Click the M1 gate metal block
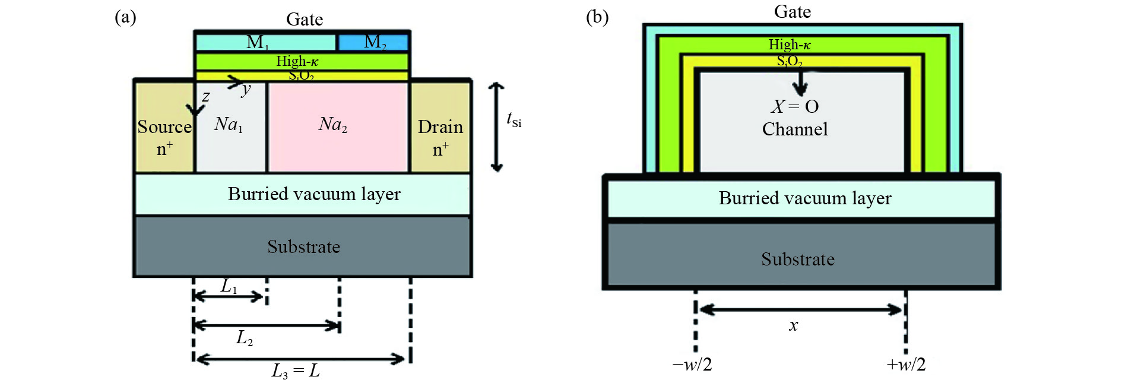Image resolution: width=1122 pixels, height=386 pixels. [x=266, y=42]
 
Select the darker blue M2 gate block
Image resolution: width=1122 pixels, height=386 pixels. [x=373, y=42]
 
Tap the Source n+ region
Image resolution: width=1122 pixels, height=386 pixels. [x=164, y=126]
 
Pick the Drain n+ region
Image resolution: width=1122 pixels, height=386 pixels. [x=440, y=126]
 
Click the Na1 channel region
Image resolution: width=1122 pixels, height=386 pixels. [x=230, y=126]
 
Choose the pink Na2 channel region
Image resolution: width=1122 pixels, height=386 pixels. [x=338, y=126]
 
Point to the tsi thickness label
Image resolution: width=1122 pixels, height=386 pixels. [x=514, y=119]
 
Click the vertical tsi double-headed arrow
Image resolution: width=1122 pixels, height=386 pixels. [x=497, y=127]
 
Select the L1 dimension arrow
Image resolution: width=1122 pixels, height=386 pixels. [x=229, y=296]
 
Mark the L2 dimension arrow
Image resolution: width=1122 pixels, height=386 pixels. [x=267, y=325]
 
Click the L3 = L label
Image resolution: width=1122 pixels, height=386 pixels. [x=296, y=371]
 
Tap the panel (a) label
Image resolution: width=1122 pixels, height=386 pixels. [x=125, y=17]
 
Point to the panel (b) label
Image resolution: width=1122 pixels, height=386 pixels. [x=597, y=17]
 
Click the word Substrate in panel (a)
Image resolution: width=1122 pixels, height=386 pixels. [x=304, y=246]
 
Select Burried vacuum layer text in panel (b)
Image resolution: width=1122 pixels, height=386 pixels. [x=805, y=198]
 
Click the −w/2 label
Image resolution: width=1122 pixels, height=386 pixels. [x=692, y=364]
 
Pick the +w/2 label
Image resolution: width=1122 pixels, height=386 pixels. [x=906, y=364]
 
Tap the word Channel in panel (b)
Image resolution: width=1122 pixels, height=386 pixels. [x=795, y=129]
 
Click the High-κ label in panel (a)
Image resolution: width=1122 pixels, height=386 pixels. [x=297, y=61]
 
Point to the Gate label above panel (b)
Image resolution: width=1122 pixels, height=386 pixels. [x=793, y=11]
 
